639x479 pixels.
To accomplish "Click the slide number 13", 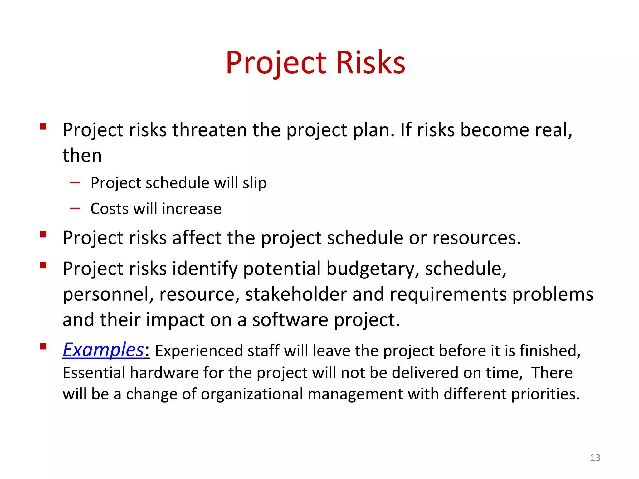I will click(x=595, y=457).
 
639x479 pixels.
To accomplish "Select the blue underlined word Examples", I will click(x=103, y=350).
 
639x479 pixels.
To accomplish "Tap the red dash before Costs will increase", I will click(x=75, y=208).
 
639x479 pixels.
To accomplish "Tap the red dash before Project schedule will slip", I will click(x=75, y=182).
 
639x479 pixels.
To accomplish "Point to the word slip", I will click(x=255, y=183).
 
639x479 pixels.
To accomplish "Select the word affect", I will click(x=197, y=238).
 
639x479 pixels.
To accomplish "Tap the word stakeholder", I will click(x=296, y=294).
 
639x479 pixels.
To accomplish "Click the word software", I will click(x=290, y=320).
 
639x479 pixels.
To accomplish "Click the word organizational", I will click(x=252, y=394).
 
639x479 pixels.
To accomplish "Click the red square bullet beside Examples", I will click(x=43, y=346).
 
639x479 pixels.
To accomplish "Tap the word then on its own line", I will click(x=82, y=155).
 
